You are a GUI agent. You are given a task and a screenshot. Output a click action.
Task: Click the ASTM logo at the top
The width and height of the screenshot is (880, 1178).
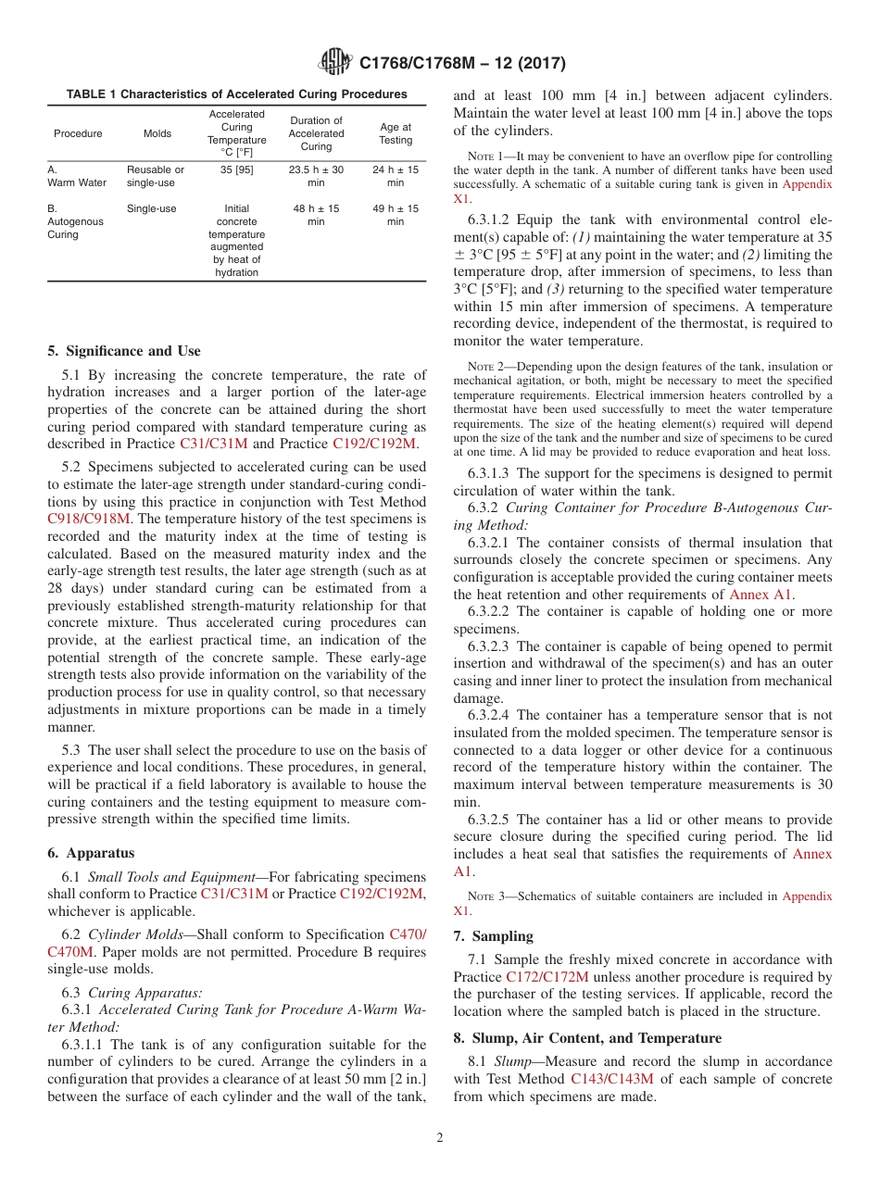334,62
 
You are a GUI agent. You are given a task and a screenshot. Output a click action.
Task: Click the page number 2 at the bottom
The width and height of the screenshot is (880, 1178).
439,1138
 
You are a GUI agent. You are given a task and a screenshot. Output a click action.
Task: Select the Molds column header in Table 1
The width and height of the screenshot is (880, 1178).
157,133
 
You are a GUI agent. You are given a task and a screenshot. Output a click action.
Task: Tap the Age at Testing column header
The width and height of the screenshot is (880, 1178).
396,133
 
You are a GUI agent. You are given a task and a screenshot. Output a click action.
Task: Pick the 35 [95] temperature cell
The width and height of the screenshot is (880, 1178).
236,170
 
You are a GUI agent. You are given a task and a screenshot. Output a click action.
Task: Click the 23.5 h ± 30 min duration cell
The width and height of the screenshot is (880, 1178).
316,176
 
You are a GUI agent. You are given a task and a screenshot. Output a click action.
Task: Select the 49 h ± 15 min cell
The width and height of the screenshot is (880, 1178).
396,215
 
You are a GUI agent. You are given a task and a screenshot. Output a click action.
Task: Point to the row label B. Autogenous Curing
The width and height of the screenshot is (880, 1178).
76,221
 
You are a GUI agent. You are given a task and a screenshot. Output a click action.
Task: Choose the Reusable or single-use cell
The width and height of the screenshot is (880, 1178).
156,176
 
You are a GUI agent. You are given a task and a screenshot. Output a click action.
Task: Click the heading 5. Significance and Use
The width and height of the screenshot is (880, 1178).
124,351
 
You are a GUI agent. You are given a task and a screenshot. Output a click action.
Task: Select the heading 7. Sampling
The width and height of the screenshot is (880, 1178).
494,936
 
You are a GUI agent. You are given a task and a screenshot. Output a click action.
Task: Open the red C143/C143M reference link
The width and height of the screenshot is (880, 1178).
611,1078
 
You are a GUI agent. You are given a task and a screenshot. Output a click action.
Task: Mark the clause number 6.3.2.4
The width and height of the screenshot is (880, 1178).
491,715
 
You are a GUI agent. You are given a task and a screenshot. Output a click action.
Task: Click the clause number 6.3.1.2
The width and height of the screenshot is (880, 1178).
491,219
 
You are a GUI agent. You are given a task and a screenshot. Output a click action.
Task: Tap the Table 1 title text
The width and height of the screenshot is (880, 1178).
236,94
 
